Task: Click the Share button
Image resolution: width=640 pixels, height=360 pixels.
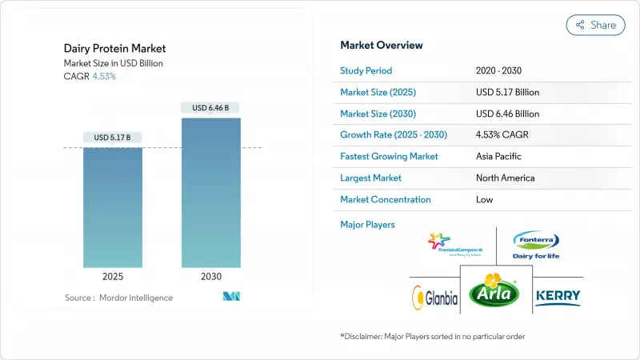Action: point(595,25)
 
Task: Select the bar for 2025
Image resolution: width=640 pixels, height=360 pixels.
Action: point(113,207)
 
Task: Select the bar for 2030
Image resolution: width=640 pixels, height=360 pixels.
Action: point(211,193)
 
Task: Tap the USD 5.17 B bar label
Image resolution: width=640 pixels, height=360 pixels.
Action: point(113,138)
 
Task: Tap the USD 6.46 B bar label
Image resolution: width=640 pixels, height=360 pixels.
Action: point(211,108)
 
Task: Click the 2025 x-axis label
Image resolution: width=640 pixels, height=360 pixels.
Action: point(113,277)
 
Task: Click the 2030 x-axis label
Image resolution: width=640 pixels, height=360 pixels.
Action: point(211,277)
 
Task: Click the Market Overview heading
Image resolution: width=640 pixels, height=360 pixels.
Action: point(382,45)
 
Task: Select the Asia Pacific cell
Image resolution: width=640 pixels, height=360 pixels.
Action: point(501,156)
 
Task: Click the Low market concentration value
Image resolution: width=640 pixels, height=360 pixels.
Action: point(485,199)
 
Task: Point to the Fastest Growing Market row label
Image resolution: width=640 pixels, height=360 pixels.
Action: point(389,156)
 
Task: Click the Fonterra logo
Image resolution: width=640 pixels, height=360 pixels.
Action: point(535,244)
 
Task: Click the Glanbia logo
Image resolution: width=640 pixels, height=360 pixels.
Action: point(435,298)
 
